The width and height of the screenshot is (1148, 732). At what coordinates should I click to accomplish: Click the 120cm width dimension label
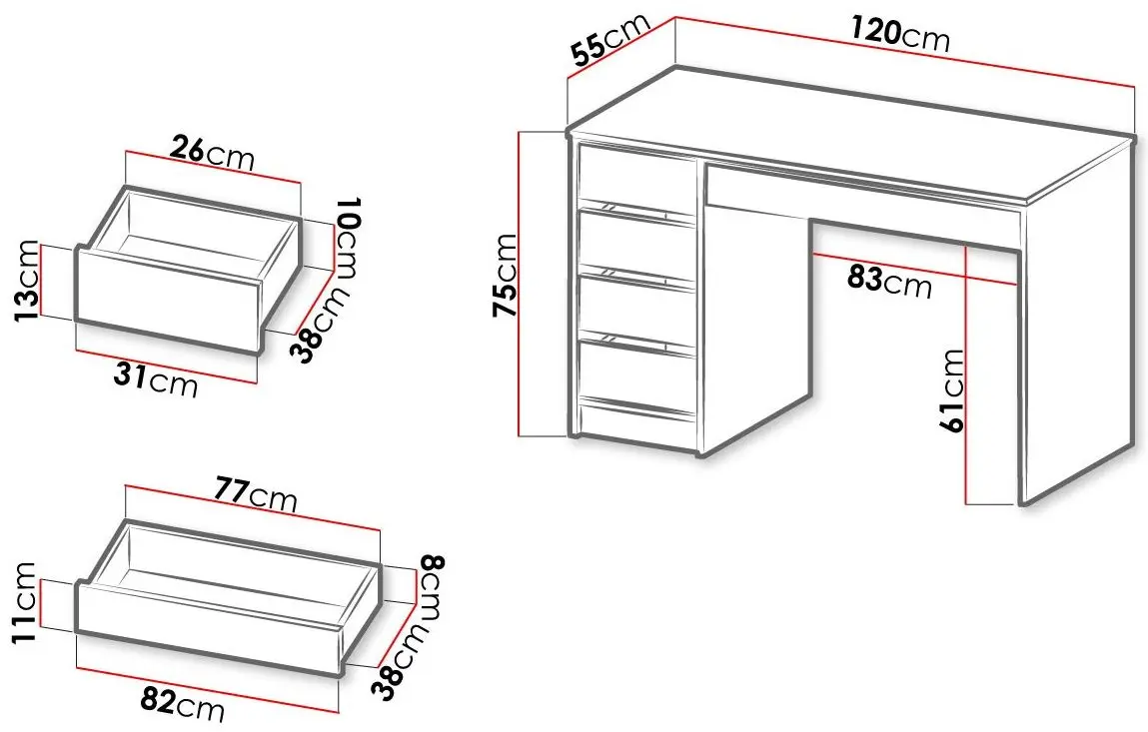[x=900, y=33]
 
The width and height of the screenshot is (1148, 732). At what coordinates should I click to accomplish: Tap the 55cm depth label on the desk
[x=609, y=40]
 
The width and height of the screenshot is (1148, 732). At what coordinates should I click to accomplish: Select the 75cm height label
[x=506, y=276]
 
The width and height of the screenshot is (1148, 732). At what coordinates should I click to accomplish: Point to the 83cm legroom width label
[x=889, y=281]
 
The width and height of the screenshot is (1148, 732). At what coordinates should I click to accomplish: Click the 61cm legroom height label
[x=953, y=390]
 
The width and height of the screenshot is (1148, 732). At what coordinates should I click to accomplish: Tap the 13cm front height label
[x=26, y=281]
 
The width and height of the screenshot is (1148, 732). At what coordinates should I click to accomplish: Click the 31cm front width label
[x=156, y=379]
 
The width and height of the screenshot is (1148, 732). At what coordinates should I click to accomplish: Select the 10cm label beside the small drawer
[x=347, y=237]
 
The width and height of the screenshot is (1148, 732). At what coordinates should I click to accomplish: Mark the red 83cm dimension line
[x=915, y=268]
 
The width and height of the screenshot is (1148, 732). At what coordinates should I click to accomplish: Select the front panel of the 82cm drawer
[x=210, y=628]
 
